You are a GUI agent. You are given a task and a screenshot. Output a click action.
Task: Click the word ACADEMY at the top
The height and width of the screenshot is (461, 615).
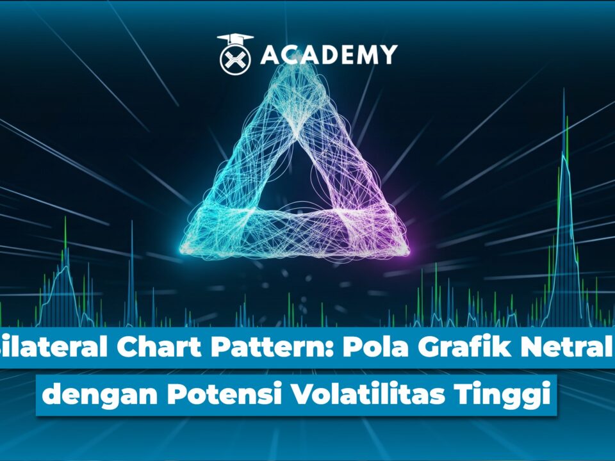click(x=329, y=54)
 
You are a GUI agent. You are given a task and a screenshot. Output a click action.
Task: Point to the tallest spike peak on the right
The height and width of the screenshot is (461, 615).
click(x=564, y=90)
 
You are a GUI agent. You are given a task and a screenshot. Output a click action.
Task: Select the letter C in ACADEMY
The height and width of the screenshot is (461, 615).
click(x=291, y=54)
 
